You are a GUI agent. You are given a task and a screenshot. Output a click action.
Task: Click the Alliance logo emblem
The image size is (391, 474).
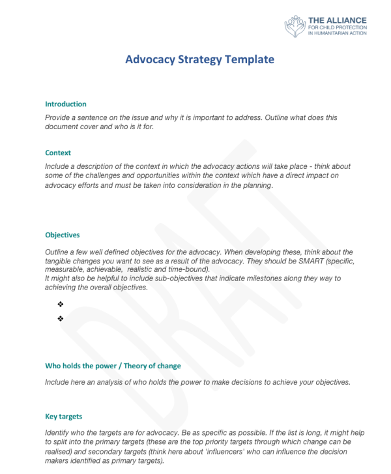tap(295, 27)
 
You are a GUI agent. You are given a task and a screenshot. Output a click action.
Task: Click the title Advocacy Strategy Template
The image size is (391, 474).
tap(200, 59)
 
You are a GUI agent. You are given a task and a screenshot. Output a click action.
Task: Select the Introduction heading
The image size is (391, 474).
tap(66, 104)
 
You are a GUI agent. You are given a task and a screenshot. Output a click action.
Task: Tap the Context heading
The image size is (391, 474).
tap(58, 153)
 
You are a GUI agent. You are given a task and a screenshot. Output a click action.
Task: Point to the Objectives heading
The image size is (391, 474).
tap(63, 235)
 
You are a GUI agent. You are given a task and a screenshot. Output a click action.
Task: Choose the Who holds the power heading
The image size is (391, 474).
tap(113, 366)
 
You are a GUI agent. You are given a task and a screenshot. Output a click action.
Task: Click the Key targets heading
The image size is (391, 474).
tap(64, 417)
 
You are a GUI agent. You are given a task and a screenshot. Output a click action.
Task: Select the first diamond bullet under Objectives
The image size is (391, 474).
tap(60, 304)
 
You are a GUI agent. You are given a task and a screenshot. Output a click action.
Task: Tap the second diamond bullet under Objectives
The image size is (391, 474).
tap(60, 319)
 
